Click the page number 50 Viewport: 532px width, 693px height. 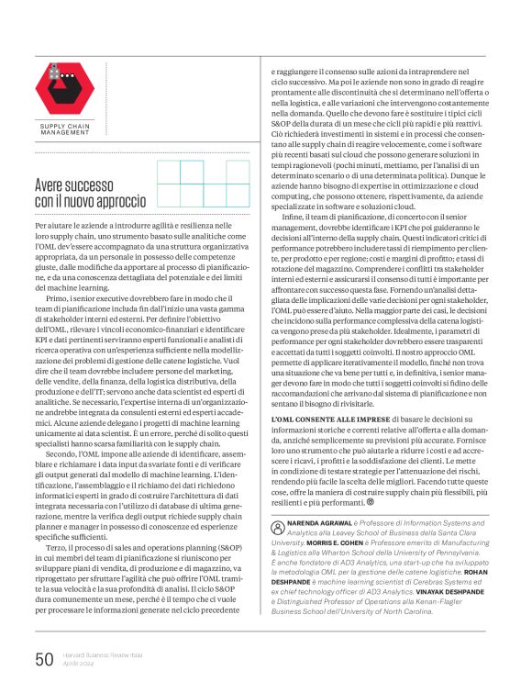45,657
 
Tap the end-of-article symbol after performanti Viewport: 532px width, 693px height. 371,501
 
